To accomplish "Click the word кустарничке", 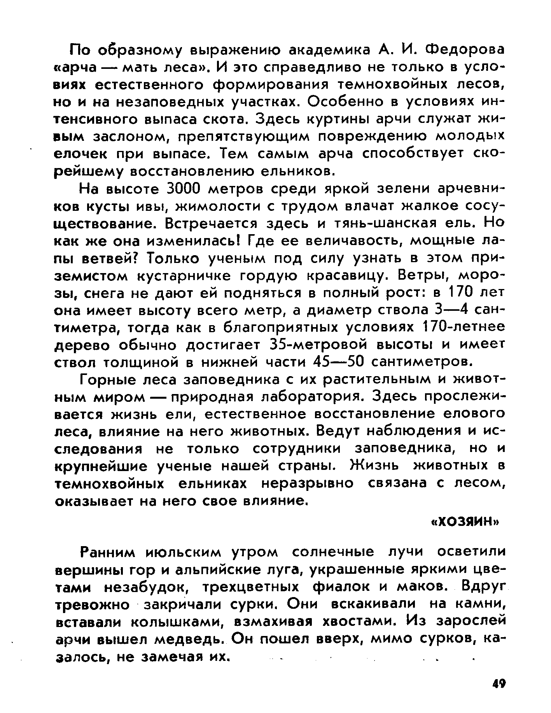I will pyautogui.click(x=185, y=275).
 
